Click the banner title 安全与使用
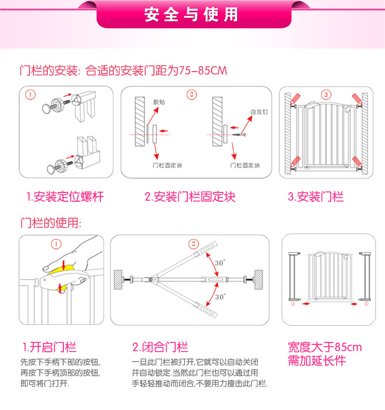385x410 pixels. (192, 15)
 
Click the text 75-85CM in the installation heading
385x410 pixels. (202, 71)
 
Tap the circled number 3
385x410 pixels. (326, 94)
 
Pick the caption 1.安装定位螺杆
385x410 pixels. (65, 197)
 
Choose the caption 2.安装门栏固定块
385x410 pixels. (190, 197)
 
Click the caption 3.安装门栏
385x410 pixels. (315, 197)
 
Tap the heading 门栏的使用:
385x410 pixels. (50, 223)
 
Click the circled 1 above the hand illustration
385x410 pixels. (57, 243)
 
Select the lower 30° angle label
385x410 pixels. (220, 296)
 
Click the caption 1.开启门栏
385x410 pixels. (50, 347)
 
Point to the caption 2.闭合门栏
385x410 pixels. (160, 347)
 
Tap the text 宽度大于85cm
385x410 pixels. (325, 347)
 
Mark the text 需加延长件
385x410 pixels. (317, 361)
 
